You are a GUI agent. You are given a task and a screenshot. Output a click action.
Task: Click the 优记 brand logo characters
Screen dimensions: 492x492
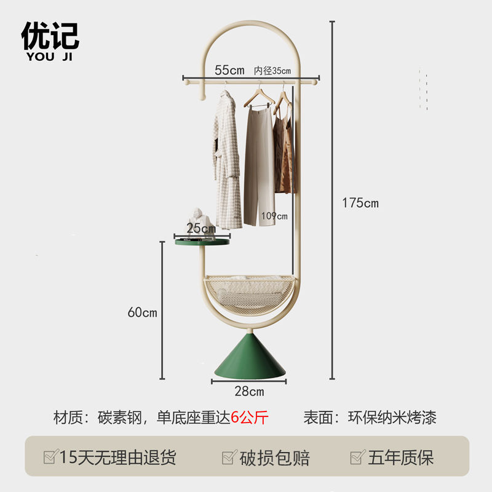[50, 36]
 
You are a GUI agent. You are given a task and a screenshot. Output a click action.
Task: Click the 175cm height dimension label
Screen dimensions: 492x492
[360, 203]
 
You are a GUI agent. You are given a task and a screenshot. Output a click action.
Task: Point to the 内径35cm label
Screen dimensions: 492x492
[272, 70]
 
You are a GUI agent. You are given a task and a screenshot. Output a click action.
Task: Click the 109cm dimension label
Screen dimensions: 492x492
[274, 216]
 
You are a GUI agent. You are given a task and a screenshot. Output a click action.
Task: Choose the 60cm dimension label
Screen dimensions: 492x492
[142, 312]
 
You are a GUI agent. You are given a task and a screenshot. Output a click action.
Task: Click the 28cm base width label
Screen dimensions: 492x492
[248, 391]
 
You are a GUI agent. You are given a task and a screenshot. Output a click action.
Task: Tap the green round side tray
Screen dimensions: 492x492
[202, 242]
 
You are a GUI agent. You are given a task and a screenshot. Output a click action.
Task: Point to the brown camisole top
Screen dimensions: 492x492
[284, 151]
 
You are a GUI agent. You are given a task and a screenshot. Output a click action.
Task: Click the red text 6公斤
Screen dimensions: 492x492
[250, 418]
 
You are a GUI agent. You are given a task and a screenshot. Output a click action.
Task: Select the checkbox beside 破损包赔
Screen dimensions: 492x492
[229, 458]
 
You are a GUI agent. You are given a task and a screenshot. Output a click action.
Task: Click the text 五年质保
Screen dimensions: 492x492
[400, 458]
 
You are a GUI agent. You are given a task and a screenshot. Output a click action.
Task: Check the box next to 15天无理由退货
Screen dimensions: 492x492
[50, 458]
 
